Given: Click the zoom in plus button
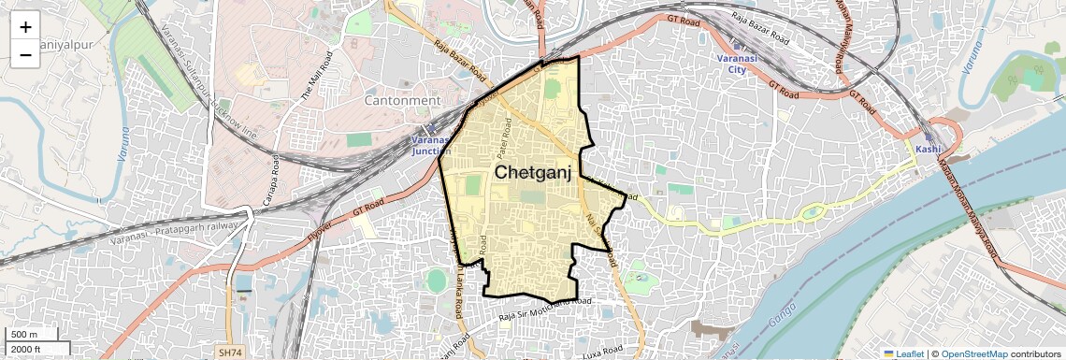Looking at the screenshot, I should (x=25, y=26).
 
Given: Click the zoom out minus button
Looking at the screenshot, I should (x=25, y=54).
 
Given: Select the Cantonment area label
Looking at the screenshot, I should (x=401, y=100).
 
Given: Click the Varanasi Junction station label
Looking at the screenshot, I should (x=431, y=145).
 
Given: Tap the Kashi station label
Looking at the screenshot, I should (x=928, y=150).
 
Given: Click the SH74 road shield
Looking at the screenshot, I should (x=229, y=353).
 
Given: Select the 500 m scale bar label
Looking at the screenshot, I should (x=25, y=335).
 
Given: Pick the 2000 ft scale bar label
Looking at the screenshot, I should (x=27, y=349).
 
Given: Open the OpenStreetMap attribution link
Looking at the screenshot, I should (x=973, y=353).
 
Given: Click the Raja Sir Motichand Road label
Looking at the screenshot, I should (x=545, y=312).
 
